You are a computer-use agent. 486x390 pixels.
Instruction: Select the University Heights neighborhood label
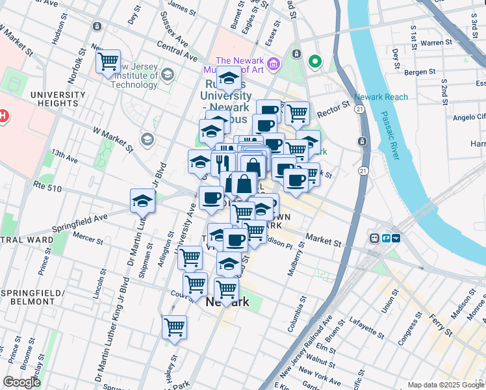(58, 99)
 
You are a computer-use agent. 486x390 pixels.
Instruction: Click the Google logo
(21, 383)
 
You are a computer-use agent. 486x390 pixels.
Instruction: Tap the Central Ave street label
(177, 52)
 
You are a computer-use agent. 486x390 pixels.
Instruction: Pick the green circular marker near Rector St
(316, 62)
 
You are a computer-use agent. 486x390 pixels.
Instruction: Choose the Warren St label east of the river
(436, 43)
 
